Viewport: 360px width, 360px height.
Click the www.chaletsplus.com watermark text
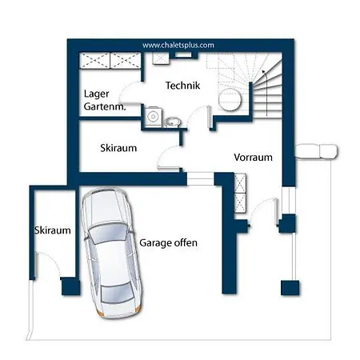pos(178,45)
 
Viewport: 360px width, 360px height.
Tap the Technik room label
pos(182,86)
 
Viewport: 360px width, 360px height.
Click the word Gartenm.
pos(105,106)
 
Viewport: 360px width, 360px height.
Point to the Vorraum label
pos(253,157)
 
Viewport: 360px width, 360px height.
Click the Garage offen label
pos(169,243)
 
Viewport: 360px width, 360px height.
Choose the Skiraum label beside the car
pos(53,230)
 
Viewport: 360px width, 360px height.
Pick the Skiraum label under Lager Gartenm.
pos(118,148)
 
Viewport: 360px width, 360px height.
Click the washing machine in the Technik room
pos(154,116)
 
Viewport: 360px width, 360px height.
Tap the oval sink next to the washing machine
pos(172,122)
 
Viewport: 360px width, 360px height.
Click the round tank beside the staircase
pos(230,100)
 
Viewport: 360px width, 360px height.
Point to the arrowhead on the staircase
pos(263,71)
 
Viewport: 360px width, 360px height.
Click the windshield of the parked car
pos(107,234)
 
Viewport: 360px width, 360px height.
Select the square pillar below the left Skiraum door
pos(70,286)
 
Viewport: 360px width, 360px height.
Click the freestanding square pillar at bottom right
pos(290,288)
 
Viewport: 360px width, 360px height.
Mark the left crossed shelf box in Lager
pos(95,61)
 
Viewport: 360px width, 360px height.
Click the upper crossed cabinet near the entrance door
pos(240,183)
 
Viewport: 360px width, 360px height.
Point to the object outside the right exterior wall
pos(317,151)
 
